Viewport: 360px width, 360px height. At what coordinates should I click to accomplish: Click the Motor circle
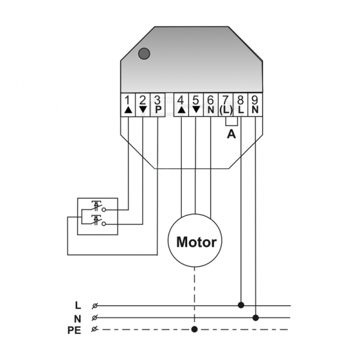tap(195, 242)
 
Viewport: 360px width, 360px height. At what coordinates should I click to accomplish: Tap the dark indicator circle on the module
tap(144, 53)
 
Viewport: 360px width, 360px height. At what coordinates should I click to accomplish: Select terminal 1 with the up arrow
tap(128, 105)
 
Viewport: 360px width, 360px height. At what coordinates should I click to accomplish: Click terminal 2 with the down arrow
tap(142, 105)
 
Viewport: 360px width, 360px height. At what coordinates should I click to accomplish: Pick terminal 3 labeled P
tap(157, 105)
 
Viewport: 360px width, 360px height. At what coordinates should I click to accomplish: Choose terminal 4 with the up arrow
tap(181, 105)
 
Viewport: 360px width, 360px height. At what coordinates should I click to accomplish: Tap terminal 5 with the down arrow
tap(196, 105)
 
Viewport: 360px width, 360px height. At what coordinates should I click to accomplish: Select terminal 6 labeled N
tap(210, 105)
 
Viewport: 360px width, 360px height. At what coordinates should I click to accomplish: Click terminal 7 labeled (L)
tap(226, 105)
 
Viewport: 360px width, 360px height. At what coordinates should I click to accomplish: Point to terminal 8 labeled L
tap(241, 105)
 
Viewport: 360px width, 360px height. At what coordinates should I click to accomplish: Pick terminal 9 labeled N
tap(255, 105)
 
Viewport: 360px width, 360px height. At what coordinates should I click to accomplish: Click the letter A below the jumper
tap(231, 135)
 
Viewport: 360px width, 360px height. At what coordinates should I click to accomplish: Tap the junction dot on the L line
tap(241, 305)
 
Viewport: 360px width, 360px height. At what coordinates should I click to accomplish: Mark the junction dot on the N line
tap(256, 317)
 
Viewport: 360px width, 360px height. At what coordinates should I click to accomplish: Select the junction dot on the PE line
tap(195, 329)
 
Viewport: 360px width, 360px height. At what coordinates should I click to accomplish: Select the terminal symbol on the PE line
tap(95, 329)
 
